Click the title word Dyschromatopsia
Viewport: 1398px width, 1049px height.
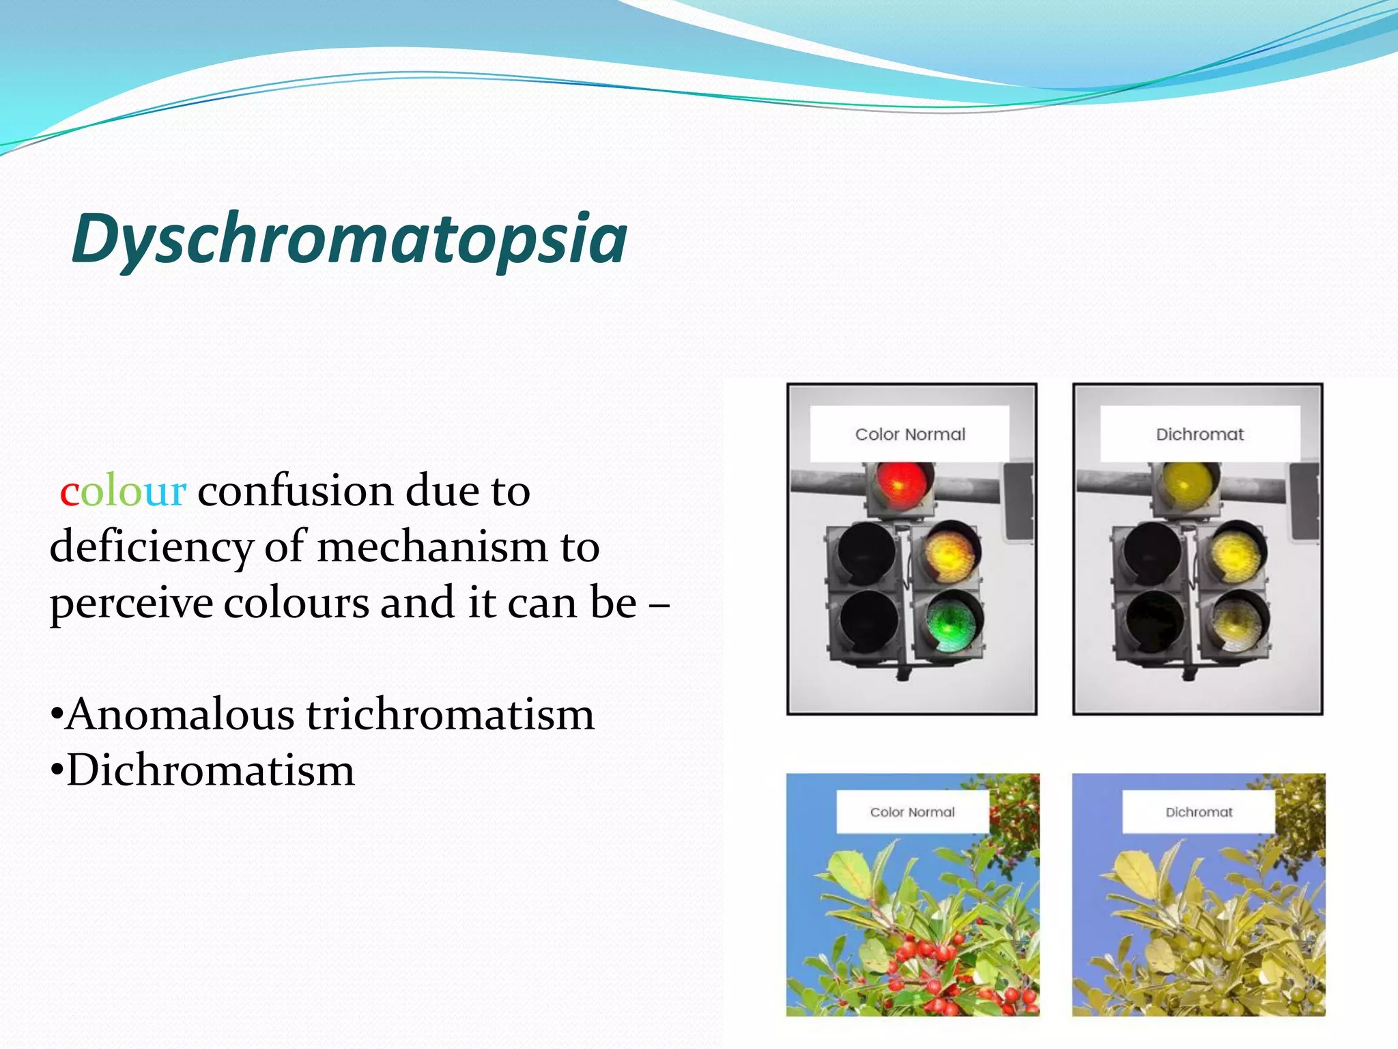coord(349,239)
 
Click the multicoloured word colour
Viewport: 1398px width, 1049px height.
coord(123,491)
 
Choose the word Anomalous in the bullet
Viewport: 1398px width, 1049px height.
coord(181,715)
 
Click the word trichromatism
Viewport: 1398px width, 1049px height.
coord(451,715)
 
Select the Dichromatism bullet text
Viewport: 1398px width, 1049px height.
coord(210,771)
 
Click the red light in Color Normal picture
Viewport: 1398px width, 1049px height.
coord(900,484)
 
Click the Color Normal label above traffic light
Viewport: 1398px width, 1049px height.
coord(910,434)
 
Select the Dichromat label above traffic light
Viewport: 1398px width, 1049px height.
coord(1199,434)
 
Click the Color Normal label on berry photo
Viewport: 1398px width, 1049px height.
coord(912,812)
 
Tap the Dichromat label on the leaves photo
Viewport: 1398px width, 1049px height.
coord(1199,812)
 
